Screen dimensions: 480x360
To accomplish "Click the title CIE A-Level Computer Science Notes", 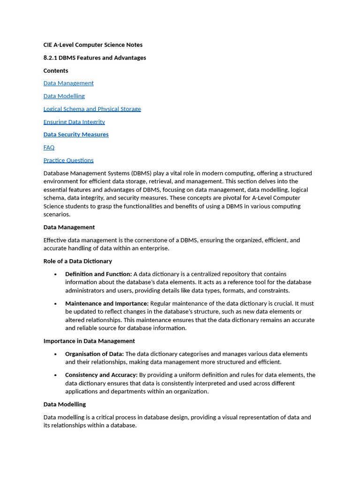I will (x=93, y=45).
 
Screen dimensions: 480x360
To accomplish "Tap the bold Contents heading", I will (x=56, y=71).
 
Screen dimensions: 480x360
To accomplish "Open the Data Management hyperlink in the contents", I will (x=68, y=83).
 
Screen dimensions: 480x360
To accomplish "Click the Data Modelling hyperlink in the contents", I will (x=64, y=96).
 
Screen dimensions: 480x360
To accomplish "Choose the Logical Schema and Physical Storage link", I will (x=92, y=109).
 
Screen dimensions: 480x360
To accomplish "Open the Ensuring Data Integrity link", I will (x=74, y=122).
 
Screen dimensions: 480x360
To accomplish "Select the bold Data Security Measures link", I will (x=76, y=135).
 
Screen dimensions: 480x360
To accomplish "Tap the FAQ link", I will (x=49, y=148).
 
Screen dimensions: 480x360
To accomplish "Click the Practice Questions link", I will (x=68, y=160).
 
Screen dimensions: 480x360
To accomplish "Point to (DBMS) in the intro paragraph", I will (x=141, y=173).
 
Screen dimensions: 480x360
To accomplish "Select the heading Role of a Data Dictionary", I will (x=78, y=261).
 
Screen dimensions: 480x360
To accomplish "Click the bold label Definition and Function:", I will (x=98, y=274).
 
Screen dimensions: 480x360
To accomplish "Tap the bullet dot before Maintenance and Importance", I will (x=56, y=304).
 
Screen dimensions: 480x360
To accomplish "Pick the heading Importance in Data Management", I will (x=89, y=341).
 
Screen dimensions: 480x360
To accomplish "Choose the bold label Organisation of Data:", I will (x=94, y=354).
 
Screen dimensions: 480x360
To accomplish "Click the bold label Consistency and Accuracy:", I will (x=101, y=375).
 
